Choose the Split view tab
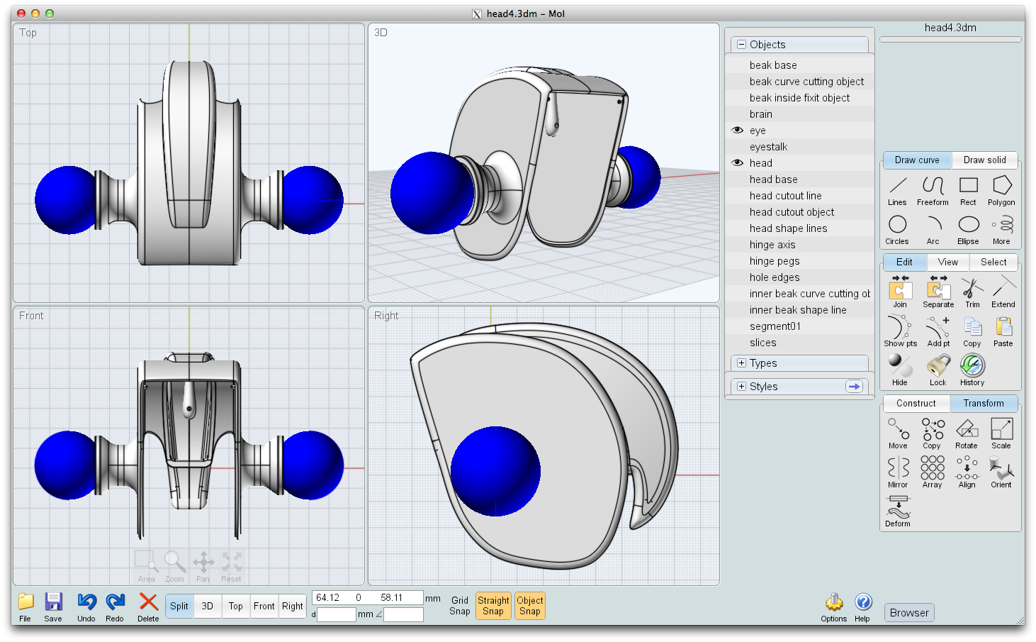[179, 606]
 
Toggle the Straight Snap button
[493, 606]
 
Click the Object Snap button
[529, 606]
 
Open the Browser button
[909, 613]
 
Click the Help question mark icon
[862, 602]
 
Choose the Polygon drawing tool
[1001, 186]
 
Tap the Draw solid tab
[984, 160]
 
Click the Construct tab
[916, 404]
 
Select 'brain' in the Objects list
[761, 114]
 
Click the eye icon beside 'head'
[737, 163]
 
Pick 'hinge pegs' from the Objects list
[775, 261]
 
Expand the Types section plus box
[741, 363]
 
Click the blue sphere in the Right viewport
[495, 471]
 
